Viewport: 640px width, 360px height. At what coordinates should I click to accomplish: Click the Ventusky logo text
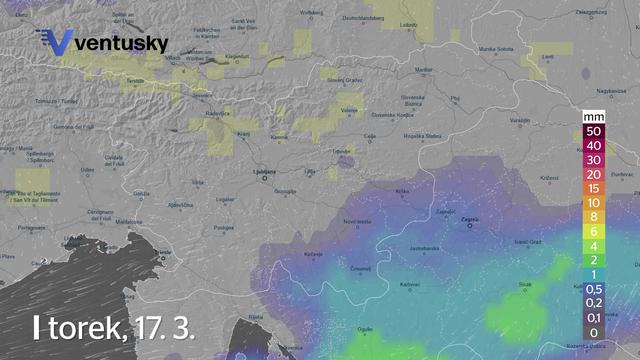point(121,44)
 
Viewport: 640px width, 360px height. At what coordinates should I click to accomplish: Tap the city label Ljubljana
point(263,172)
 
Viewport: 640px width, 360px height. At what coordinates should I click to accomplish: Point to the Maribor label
point(424,70)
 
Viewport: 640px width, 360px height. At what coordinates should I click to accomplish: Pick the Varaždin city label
point(519,120)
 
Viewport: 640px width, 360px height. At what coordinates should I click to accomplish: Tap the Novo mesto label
point(357,221)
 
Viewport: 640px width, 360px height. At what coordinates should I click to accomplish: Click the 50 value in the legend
point(594,131)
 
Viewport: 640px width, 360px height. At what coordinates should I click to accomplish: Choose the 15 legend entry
point(594,187)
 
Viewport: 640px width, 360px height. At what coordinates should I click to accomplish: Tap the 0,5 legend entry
point(594,288)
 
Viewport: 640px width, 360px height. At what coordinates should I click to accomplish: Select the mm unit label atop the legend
point(594,117)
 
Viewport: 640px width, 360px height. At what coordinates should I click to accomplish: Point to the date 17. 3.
point(160,327)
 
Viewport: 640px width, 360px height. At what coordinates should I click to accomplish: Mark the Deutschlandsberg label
point(364,18)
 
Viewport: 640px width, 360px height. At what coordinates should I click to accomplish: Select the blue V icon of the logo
point(57,42)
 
